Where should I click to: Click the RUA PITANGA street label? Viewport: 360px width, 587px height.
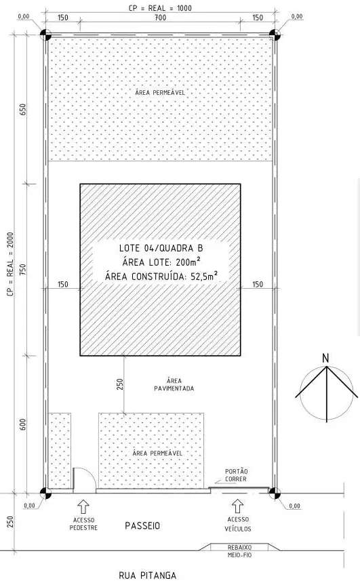coord(147,575)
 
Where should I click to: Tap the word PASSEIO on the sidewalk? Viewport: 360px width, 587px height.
coord(142,525)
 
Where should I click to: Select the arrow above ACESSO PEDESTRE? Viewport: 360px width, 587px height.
coord(83,506)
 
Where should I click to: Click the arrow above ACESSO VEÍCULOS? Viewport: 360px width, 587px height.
coord(237,506)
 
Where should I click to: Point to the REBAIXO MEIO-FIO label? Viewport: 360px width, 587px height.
coord(240,551)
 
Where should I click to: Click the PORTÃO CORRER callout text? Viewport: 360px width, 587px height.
coord(237,475)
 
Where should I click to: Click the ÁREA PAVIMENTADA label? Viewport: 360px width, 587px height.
coord(174,385)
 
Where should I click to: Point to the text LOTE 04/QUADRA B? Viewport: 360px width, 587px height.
coord(161,248)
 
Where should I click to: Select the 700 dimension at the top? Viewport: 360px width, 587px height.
coord(160,17)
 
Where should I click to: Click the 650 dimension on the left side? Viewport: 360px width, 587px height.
coord(23,109)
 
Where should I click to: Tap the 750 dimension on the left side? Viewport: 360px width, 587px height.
coord(23,270)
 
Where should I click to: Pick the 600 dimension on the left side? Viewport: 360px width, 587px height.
coord(23,424)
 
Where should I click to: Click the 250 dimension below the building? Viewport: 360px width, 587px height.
coord(120,384)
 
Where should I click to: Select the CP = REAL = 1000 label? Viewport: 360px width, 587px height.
coord(160,8)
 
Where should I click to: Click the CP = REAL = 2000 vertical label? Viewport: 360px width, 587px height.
coord(10,264)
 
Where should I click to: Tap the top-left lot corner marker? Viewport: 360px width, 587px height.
coord(45,35)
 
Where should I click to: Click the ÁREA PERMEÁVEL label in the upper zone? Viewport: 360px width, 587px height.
coord(160,92)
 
